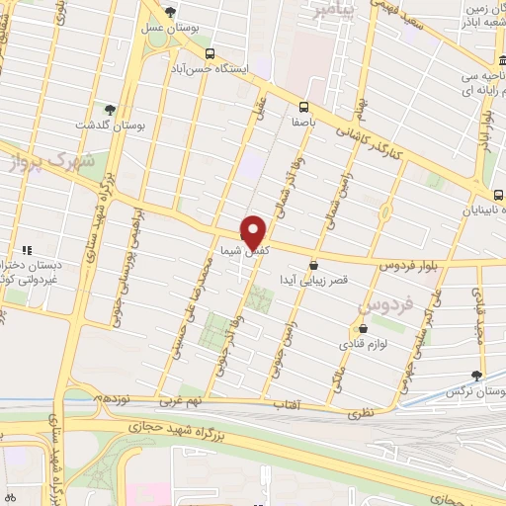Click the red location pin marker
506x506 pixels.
256,231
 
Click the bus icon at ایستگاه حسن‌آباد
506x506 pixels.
209,54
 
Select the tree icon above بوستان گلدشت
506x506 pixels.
110,111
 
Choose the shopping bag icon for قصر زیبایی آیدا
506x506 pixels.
314,265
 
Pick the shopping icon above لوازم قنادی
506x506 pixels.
364,328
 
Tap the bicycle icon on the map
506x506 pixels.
11,498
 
